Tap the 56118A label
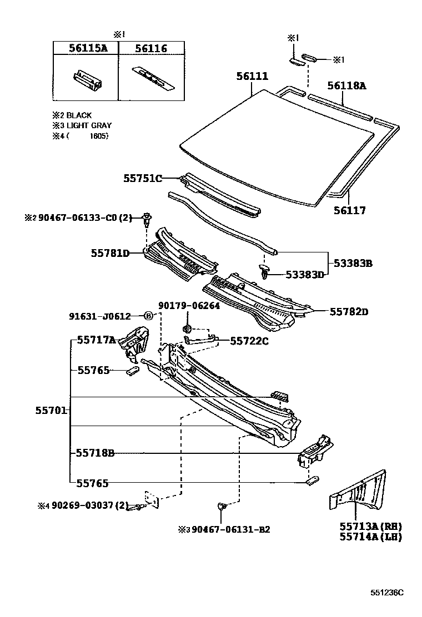(346, 86)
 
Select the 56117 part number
(350, 211)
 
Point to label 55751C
(143, 178)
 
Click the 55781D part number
(110, 253)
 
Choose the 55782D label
(349, 312)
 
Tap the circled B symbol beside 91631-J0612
(148, 316)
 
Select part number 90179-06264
(189, 306)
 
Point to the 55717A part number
(96, 340)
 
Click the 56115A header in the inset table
(88, 49)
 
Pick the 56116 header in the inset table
(150, 49)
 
